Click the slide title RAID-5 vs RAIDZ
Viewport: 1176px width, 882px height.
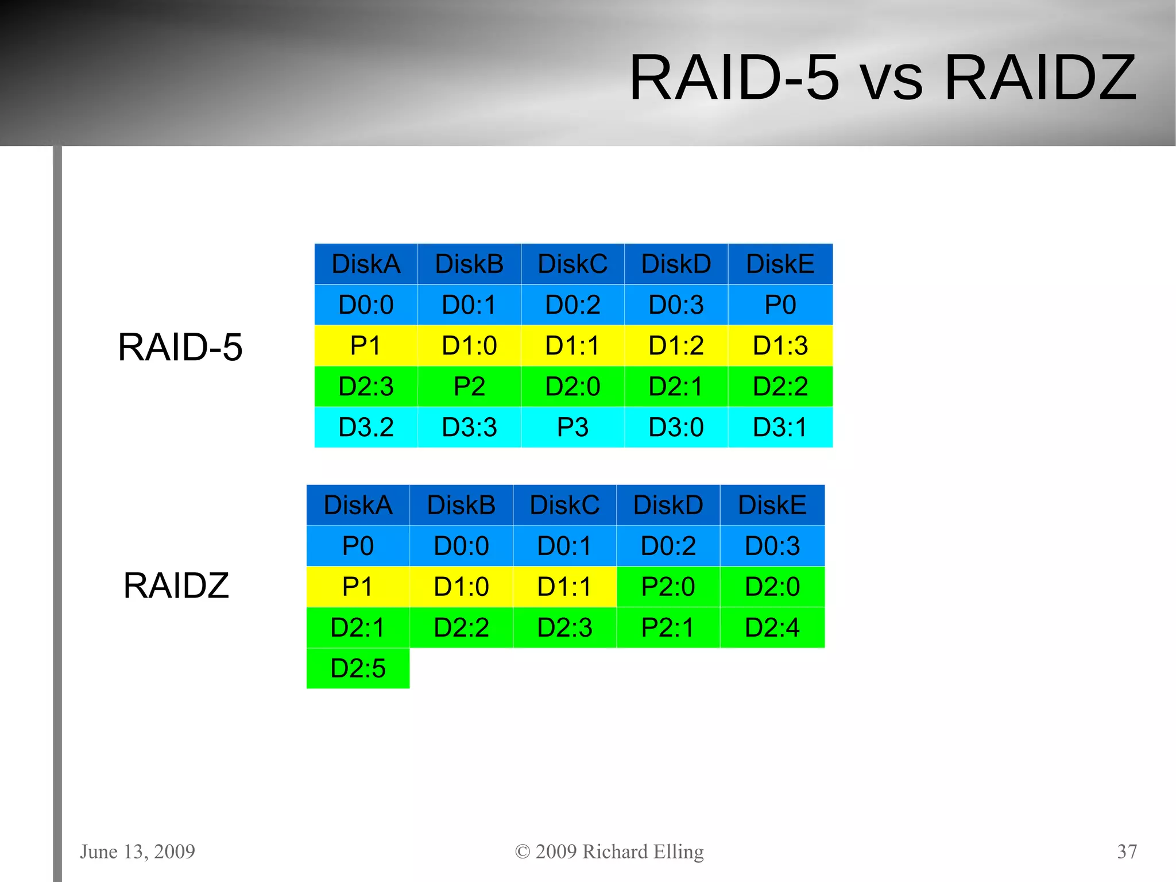coord(883,78)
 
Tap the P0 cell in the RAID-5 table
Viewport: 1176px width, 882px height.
coord(780,305)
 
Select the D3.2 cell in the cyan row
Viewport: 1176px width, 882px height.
coord(366,427)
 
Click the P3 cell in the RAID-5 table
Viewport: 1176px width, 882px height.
coord(572,427)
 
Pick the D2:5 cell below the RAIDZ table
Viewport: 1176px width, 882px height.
coord(358,668)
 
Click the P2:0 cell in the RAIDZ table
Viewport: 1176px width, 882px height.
coord(668,587)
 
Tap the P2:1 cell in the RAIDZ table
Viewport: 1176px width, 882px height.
coord(668,627)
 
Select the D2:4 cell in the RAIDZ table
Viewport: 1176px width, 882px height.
coord(772,627)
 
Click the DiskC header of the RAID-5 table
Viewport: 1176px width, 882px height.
coord(572,264)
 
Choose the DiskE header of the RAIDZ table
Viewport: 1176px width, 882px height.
coord(772,505)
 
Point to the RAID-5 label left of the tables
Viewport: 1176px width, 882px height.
coord(180,347)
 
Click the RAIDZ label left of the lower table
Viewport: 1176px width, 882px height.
coord(176,586)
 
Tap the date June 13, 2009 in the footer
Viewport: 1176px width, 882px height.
coord(137,852)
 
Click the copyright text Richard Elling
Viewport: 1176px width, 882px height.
coord(609,852)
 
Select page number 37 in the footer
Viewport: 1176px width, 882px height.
coord(1127,852)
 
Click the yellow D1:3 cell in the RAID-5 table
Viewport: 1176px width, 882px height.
coord(780,346)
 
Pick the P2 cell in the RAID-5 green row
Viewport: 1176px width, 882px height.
coord(469,387)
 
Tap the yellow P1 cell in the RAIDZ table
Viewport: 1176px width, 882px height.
coord(358,587)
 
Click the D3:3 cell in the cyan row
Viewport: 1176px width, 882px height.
coord(469,427)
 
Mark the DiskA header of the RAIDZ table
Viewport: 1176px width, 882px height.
coord(358,505)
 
